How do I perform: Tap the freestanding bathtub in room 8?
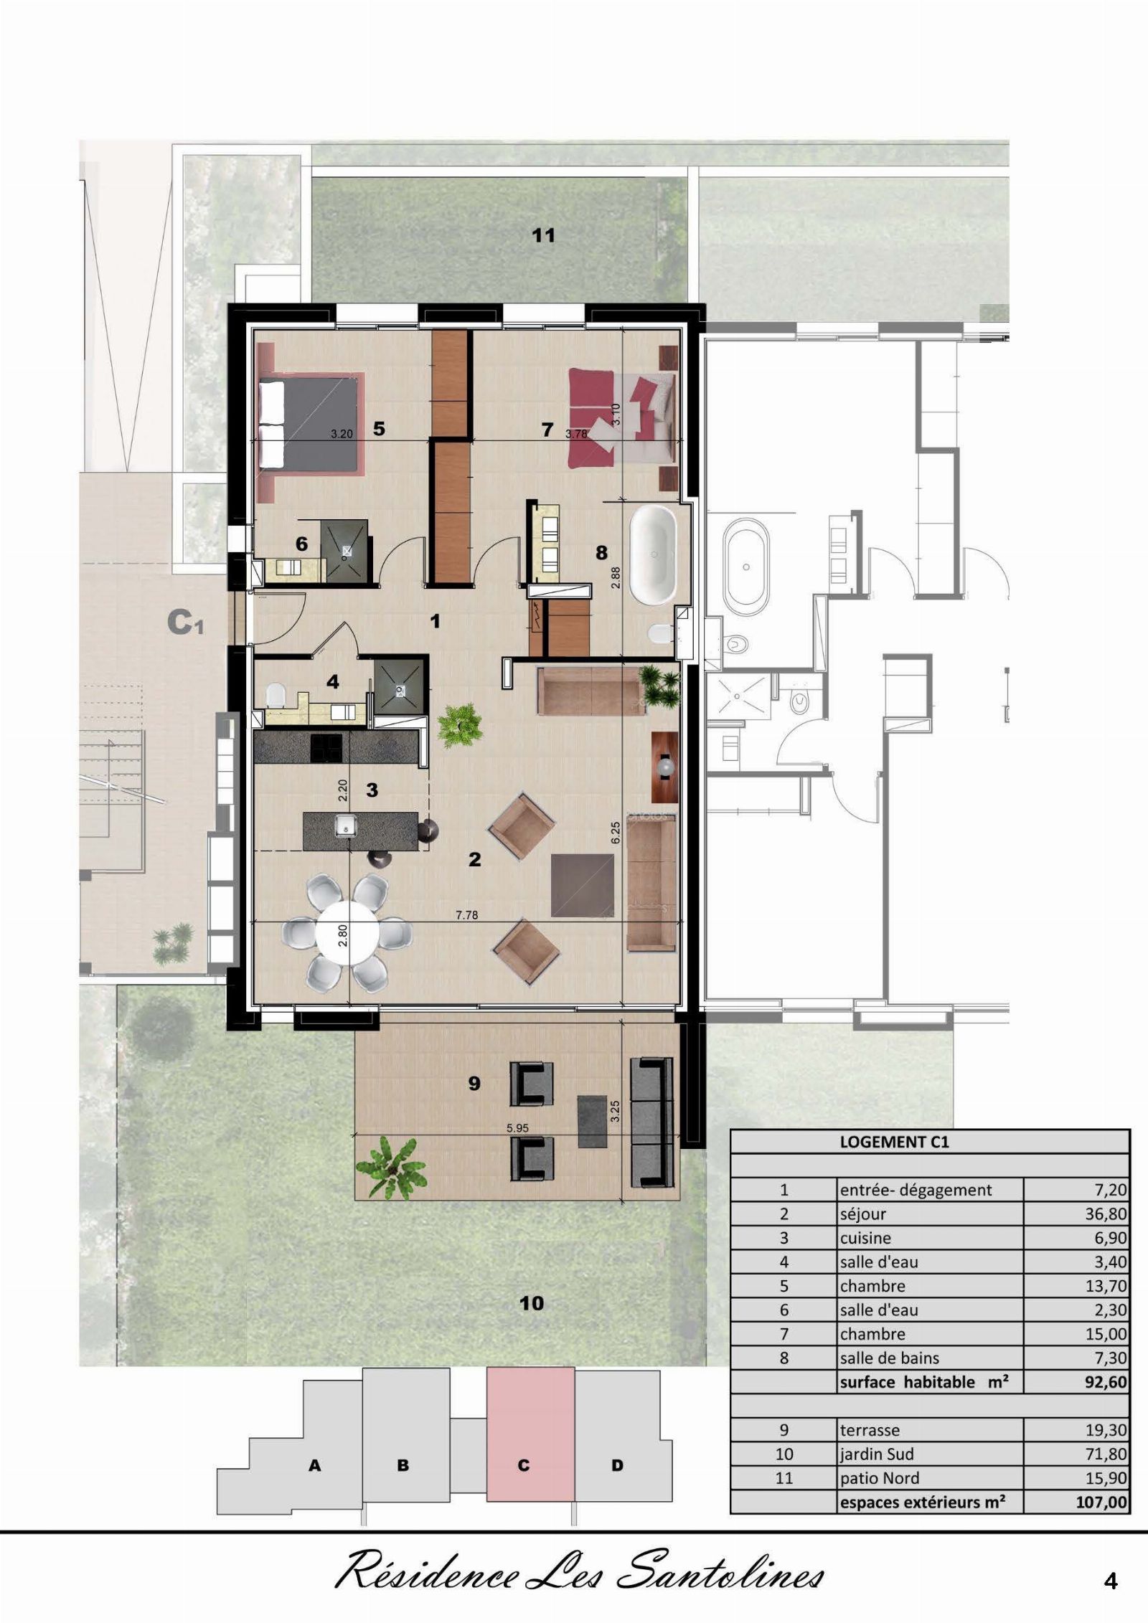[652, 556]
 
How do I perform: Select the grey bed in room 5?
[309, 422]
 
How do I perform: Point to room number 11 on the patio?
[543, 235]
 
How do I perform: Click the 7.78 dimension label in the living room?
[466, 915]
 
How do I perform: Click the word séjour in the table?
[863, 1214]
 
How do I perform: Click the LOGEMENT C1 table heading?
[894, 1142]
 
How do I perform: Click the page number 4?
[1111, 1581]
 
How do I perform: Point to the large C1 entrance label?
[185, 623]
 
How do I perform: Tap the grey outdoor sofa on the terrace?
[653, 1122]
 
